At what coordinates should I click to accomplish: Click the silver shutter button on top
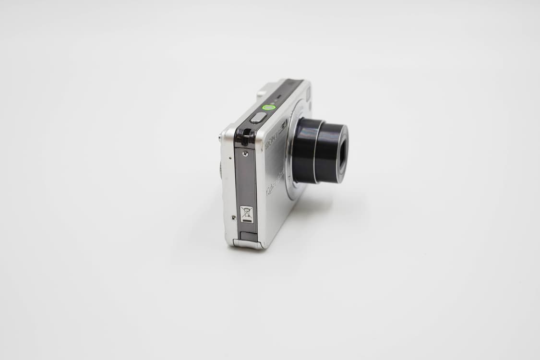tap(258, 118)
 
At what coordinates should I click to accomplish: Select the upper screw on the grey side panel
tap(245, 154)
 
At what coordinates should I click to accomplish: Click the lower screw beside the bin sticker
tap(234, 217)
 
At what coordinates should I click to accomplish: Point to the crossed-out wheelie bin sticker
tap(246, 214)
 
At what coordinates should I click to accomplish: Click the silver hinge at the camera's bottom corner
tap(248, 244)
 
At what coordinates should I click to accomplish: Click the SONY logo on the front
tap(271, 141)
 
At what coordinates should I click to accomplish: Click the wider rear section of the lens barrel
tap(305, 150)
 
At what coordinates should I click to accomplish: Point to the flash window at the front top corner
tap(308, 94)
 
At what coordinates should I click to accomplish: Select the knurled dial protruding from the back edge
tap(221, 170)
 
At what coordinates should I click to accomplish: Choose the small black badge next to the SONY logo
tap(284, 126)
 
